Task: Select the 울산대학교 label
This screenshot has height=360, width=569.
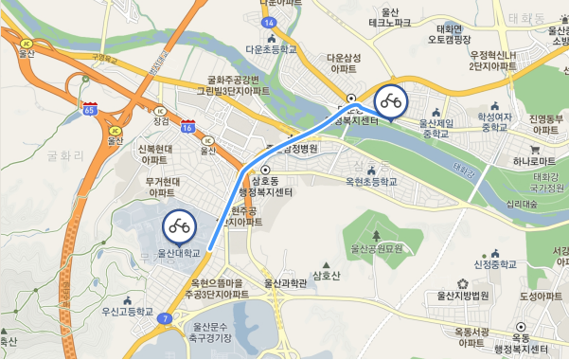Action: [179, 253]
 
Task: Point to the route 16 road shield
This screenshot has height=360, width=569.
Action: [188, 127]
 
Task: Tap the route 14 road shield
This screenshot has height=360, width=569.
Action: [270, 22]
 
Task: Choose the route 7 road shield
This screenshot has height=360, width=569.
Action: [167, 318]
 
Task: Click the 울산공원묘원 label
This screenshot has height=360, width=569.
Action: [377, 248]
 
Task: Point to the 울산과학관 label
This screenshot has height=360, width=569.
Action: [285, 282]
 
